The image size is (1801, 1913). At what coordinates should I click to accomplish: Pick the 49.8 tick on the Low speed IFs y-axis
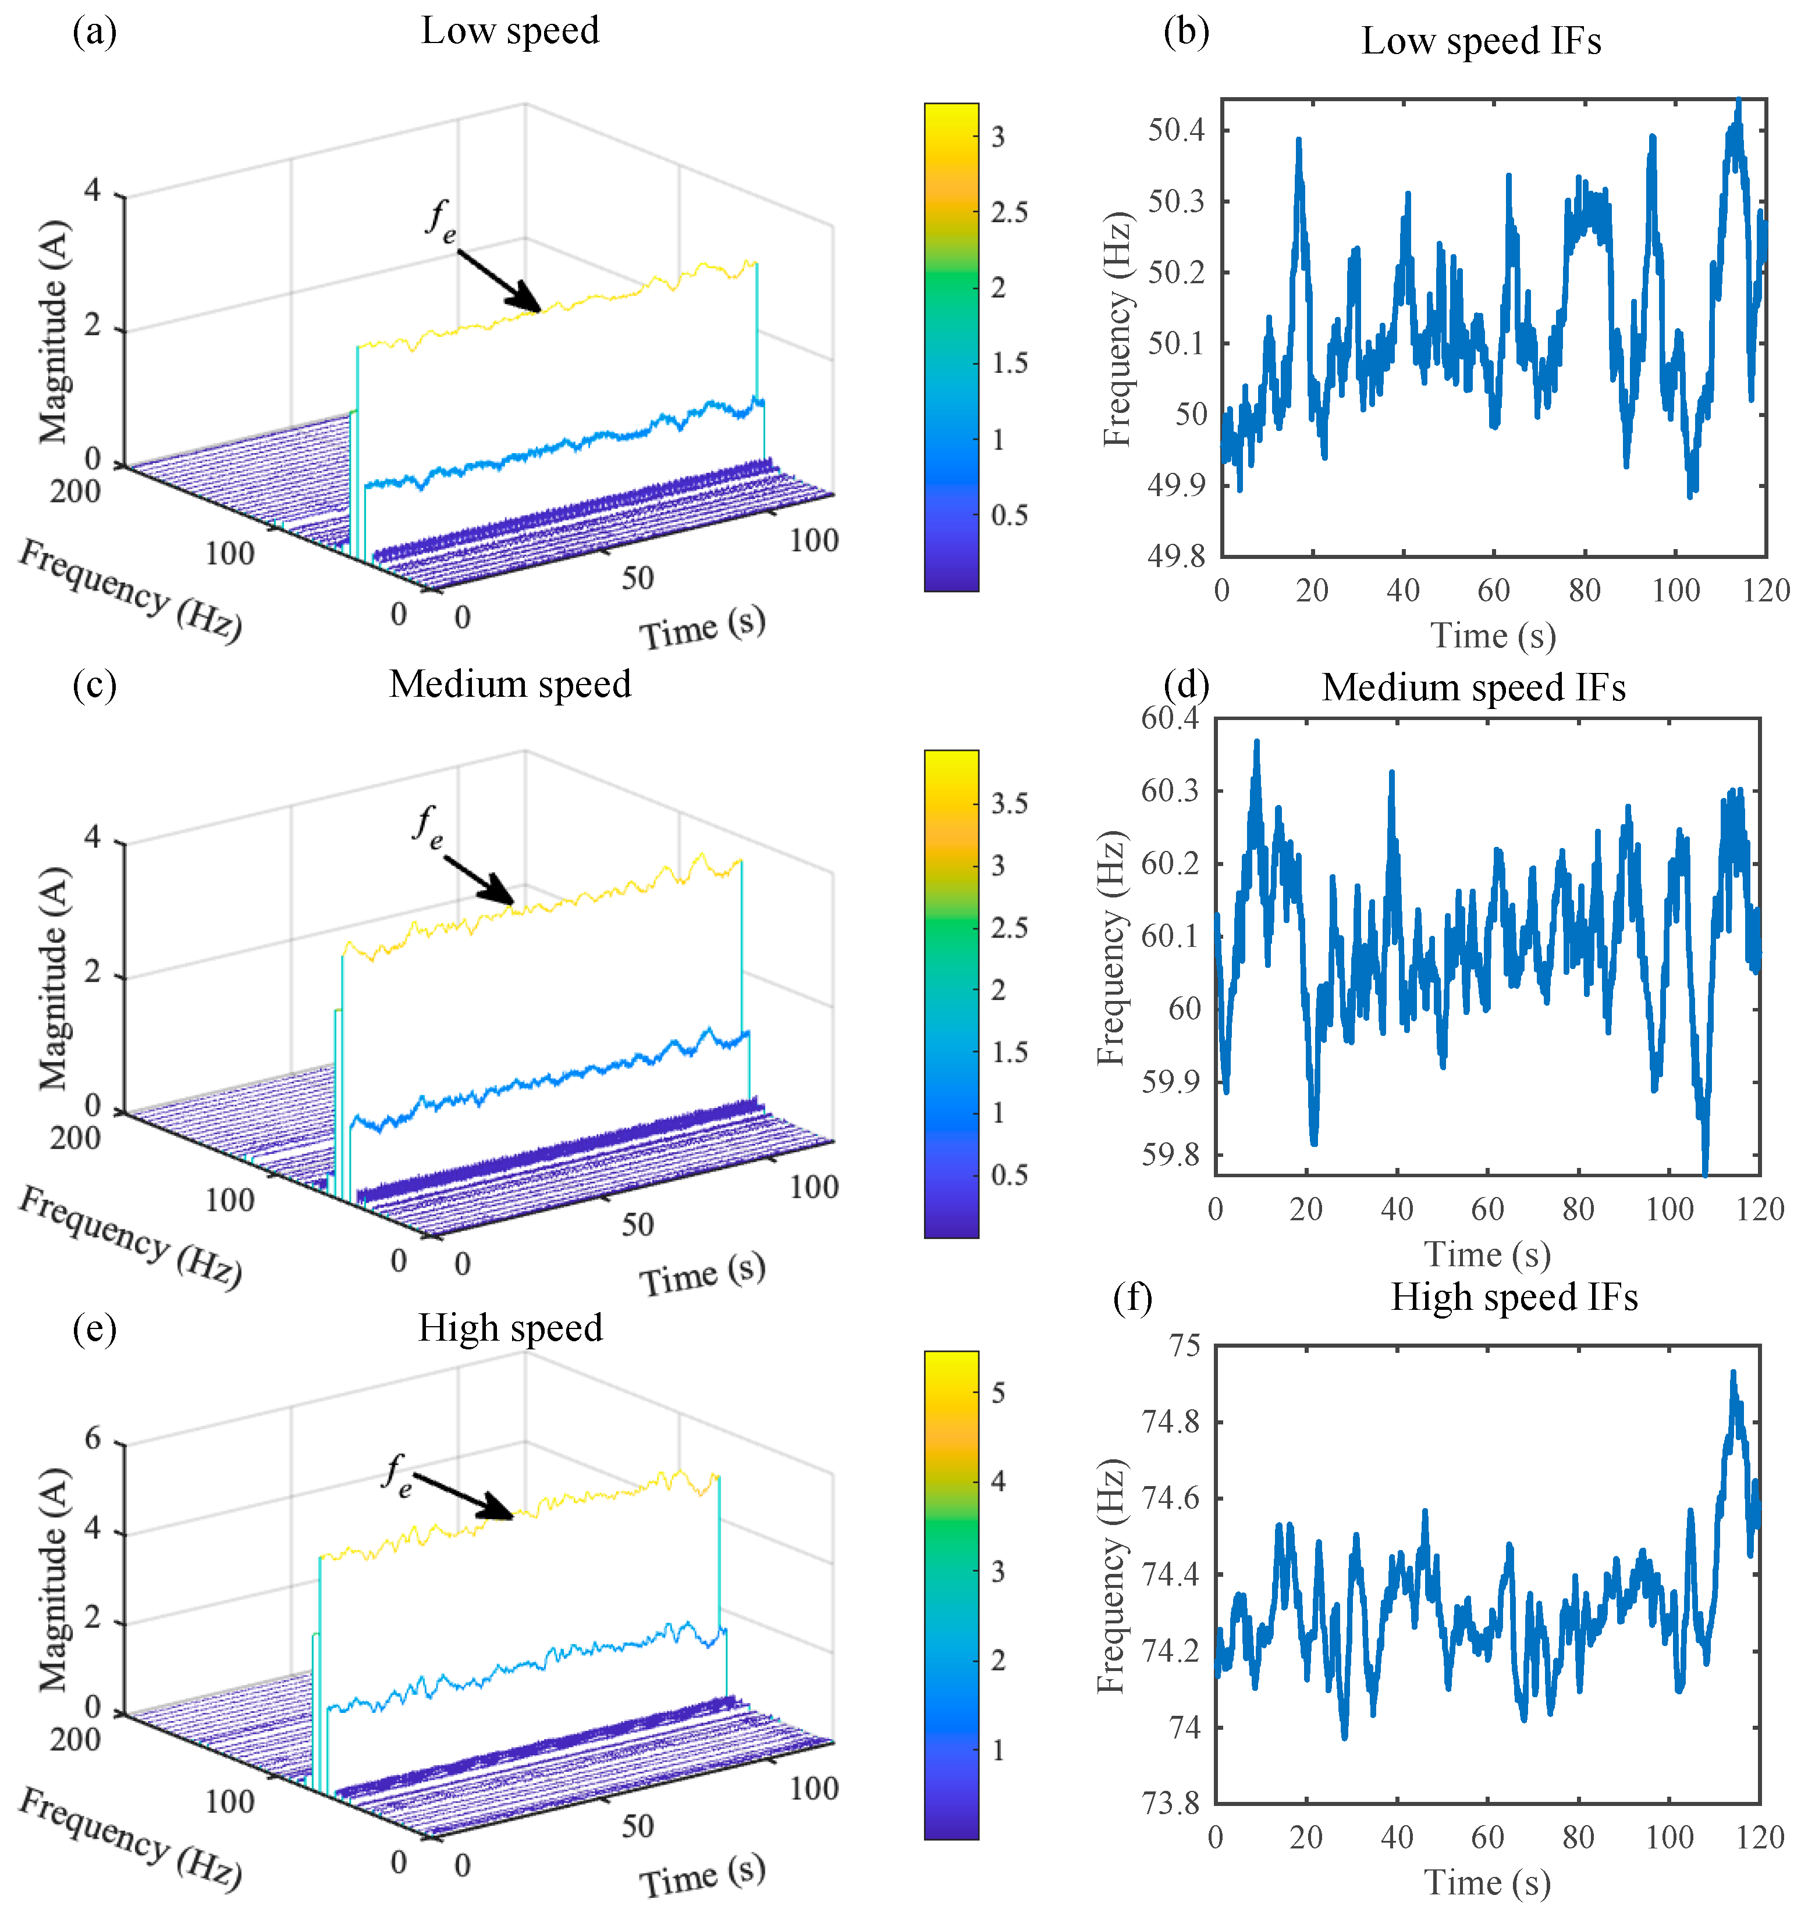click(x=1175, y=556)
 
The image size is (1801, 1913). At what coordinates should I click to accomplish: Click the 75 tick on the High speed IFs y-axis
click(x=1184, y=1345)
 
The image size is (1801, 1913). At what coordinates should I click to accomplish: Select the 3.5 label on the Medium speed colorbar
click(x=1009, y=803)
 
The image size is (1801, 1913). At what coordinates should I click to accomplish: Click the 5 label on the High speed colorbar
click(x=998, y=1392)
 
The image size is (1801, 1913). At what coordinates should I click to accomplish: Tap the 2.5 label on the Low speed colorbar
click(x=1009, y=212)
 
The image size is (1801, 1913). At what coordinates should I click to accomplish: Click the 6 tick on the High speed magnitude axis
click(x=93, y=1438)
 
